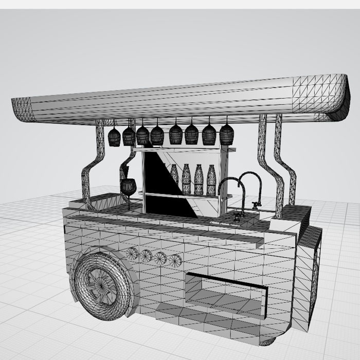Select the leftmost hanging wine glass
[114, 137]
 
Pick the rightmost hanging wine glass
[226, 134]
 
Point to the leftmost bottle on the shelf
[175, 176]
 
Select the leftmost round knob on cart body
[133, 253]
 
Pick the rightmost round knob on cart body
[176, 260]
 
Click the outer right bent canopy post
[285, 165]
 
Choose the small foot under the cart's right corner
[267, 341]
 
